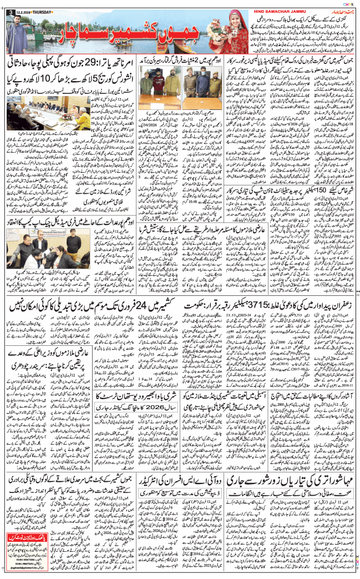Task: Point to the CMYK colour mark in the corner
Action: [348, 3]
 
